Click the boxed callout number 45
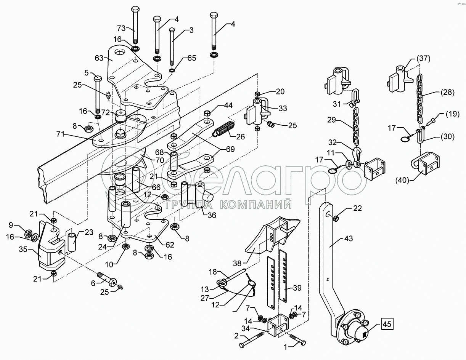387,325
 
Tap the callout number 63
99,58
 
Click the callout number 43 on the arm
348,238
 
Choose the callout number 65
191,58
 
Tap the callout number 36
212,215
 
